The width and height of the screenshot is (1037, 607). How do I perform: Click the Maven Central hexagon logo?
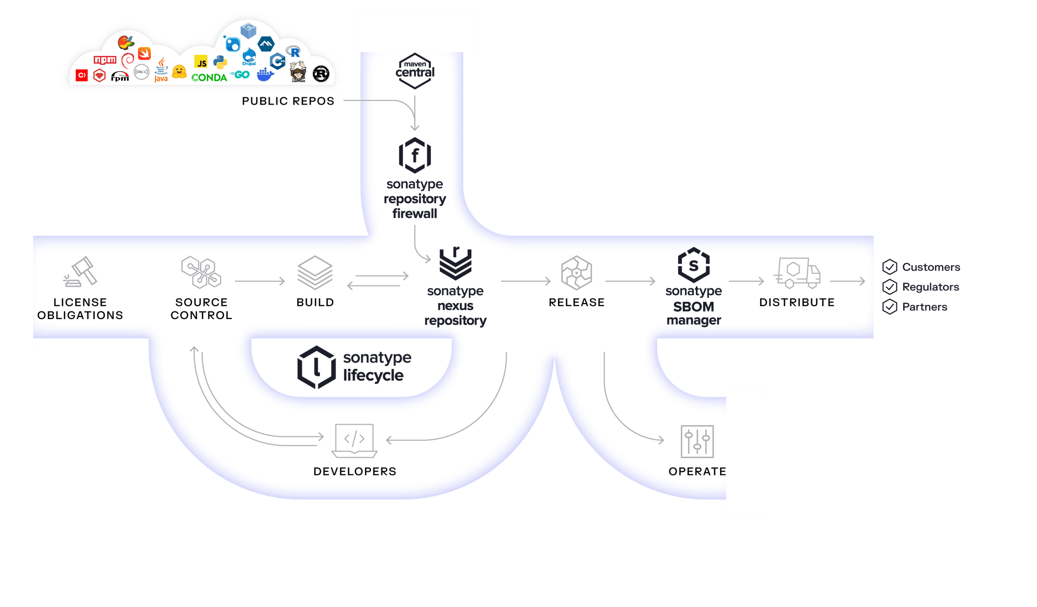click(x=415, y=70)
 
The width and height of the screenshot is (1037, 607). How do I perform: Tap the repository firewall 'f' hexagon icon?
click(x=415, y=155)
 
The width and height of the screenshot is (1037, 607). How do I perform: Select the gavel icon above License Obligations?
click(x=81, y=271)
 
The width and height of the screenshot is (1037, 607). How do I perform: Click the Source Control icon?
click(x=201, y=272)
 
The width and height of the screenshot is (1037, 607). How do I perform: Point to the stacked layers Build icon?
click(x=315, y=272)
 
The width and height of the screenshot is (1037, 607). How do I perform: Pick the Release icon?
click(x=576, y=272)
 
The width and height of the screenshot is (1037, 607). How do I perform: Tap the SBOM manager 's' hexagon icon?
click(x=693, y=265)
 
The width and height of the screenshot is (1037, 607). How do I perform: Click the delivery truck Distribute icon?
click(x=797, y=272)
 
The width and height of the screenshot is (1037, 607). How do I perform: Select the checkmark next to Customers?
click(x=890, y=267)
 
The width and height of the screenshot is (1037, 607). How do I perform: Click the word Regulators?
click(x=930, y=287)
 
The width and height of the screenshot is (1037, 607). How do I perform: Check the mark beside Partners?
click(x=890, y=307)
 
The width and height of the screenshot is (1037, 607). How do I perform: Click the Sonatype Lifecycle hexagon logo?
click(x=316, y=367)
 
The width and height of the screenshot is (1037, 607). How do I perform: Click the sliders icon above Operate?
click(x=697, y=441)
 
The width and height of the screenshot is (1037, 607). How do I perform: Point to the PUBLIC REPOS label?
click(x=288, y=101)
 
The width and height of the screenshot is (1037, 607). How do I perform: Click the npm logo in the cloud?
click(x=105, y=60)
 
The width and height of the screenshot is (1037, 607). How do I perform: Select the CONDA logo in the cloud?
click(x=209, y=78)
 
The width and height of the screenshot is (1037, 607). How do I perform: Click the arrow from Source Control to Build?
click(x=259, y=281)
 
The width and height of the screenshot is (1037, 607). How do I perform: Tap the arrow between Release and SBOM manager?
click(x=630, y=281)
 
